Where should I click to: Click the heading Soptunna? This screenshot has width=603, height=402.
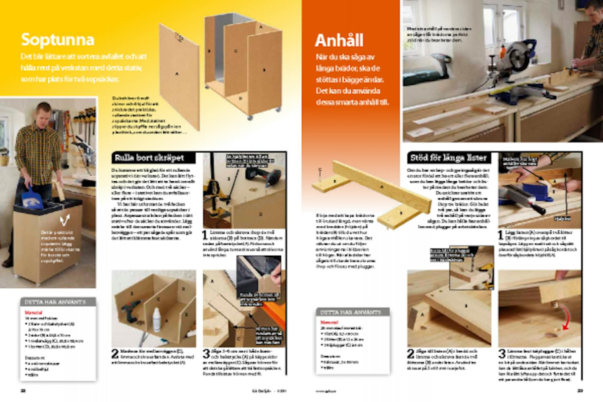point(57,40)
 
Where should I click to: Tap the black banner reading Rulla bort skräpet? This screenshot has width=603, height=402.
point(149,158)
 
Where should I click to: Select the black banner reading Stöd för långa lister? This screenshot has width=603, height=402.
point(448,158)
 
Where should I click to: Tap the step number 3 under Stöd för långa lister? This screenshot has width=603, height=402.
point(502,354)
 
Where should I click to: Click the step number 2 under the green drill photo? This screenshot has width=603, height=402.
point(115,354)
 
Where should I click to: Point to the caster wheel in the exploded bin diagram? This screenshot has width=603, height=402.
point(250,117)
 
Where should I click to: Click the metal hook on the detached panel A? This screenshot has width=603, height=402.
point(179,37)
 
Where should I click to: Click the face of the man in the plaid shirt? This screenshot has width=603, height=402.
point(44,111)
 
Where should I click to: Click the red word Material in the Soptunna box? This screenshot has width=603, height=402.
point(33,312)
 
